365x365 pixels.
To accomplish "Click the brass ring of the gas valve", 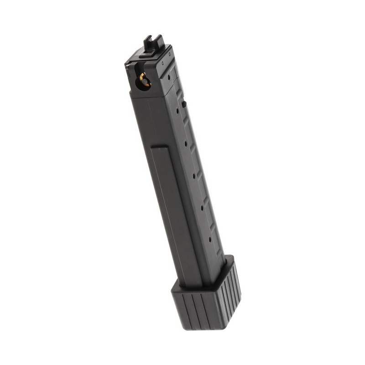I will (145, 80).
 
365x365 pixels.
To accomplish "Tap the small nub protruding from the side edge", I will (184, 104).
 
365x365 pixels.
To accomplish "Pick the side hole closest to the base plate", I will (210, 239).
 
